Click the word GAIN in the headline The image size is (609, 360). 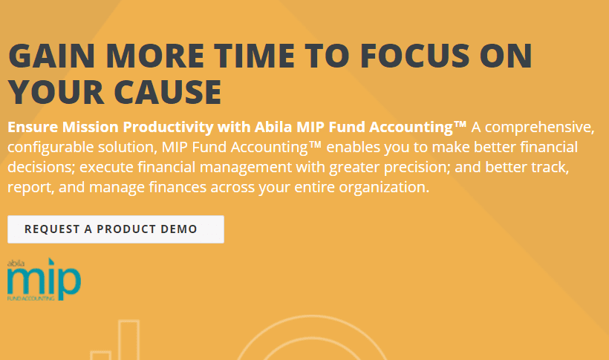[x=52, y=55]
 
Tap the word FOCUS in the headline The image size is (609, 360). [x=415, y=55]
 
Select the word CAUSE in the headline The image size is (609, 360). [x=168, y=92]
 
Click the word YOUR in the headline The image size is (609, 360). [x=56, y=92]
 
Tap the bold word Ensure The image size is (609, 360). [x=33, y=127]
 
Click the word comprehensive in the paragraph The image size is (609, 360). [x=539, y=128]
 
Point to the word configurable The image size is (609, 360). [x=51, y=148]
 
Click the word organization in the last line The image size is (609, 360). [x=384, y=188]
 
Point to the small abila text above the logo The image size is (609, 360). [x=16, y=264]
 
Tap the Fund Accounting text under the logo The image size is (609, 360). [x=31, y=298]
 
